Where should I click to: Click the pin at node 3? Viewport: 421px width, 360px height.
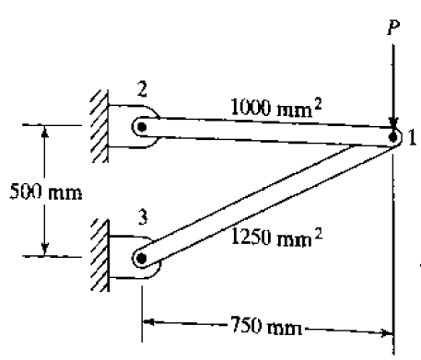(140, 259)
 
